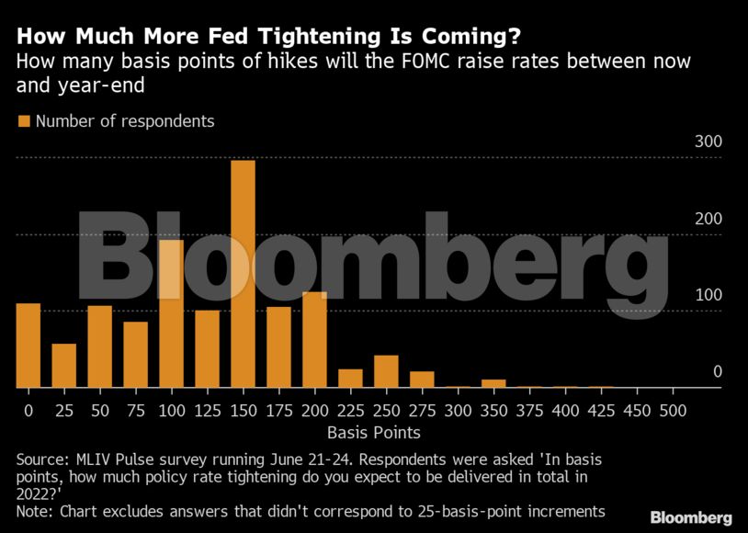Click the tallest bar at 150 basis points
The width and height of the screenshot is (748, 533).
[243, 274]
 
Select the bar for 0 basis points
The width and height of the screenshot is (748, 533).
[28, 346]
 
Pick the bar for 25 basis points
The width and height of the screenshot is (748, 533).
[64, 366]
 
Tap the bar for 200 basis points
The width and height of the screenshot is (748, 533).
[314, 340]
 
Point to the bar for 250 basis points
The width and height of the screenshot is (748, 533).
[386, 371]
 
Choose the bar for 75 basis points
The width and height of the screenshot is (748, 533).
[136, 355]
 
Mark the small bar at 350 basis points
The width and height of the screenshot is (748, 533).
[493, 383]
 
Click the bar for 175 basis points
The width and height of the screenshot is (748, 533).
[278, 347]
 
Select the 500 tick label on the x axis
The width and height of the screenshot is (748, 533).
[672, 410]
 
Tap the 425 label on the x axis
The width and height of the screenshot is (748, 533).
[600, 410]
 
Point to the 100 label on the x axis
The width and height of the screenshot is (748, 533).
[171, 410]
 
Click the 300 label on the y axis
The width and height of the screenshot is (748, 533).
[708, 142]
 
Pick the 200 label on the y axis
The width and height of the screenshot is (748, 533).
[708, 219]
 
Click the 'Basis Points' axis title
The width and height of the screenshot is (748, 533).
[374, 432]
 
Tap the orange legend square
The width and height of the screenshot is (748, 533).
[24, 121]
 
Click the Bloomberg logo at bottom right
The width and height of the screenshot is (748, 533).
[691, 517]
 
